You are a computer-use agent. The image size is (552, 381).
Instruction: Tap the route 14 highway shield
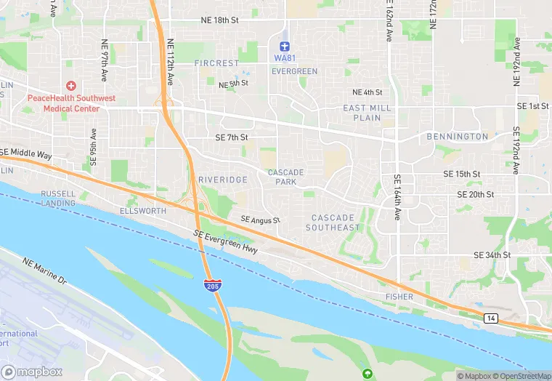[491, 318]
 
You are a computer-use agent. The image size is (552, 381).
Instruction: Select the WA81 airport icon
[285, 46]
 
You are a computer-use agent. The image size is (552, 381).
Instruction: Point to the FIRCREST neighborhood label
[216, 63]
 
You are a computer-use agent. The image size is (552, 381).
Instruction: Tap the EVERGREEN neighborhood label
[294, 71]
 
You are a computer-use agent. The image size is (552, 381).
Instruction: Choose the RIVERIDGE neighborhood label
[223, 180]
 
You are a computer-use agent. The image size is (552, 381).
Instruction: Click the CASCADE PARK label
[285, 177]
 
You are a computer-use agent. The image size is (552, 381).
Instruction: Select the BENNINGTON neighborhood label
[458, 137]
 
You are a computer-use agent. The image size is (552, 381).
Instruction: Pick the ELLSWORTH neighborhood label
[143, 211]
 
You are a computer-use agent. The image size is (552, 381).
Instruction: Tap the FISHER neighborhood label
[399, 297]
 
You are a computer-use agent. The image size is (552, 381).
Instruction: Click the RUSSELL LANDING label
[58, 198]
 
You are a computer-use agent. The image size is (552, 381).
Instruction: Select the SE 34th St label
[492, 255]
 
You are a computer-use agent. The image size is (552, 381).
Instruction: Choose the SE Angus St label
[261, 220]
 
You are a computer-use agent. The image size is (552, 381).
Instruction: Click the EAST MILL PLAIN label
[367, 113]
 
